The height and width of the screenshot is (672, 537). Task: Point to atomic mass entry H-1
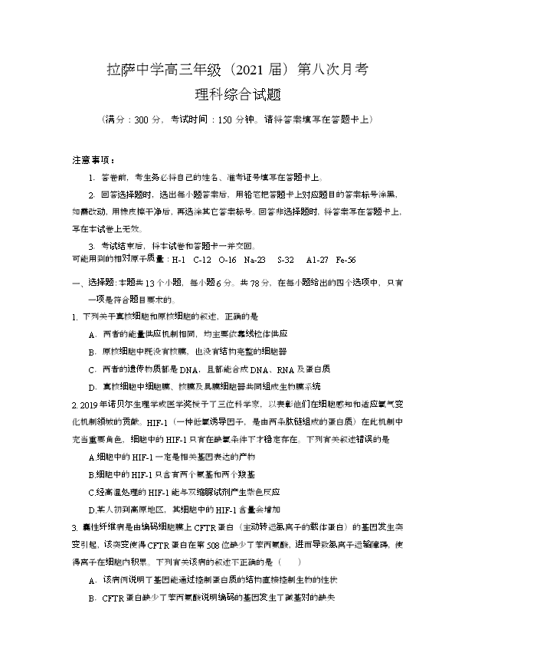pyautogui.click(x=178, y=260)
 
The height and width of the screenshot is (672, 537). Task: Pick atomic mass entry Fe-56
pyautogui.click(x=345, y=260)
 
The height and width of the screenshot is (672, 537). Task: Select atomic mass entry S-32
pyautogui.click(x=285, y=260)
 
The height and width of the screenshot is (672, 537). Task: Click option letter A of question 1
pyautogui.click(x=92, y=333)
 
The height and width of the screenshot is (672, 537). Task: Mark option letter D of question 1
pyautogui.click(x=92, y=385)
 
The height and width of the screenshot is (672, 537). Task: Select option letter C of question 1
pyautogui.click(x=92, y=369)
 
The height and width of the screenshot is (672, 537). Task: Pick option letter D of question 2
pyautogui.click(x=92, y=509)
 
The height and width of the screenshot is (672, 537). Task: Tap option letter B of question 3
pyautogui.click(x=92, y=597)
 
